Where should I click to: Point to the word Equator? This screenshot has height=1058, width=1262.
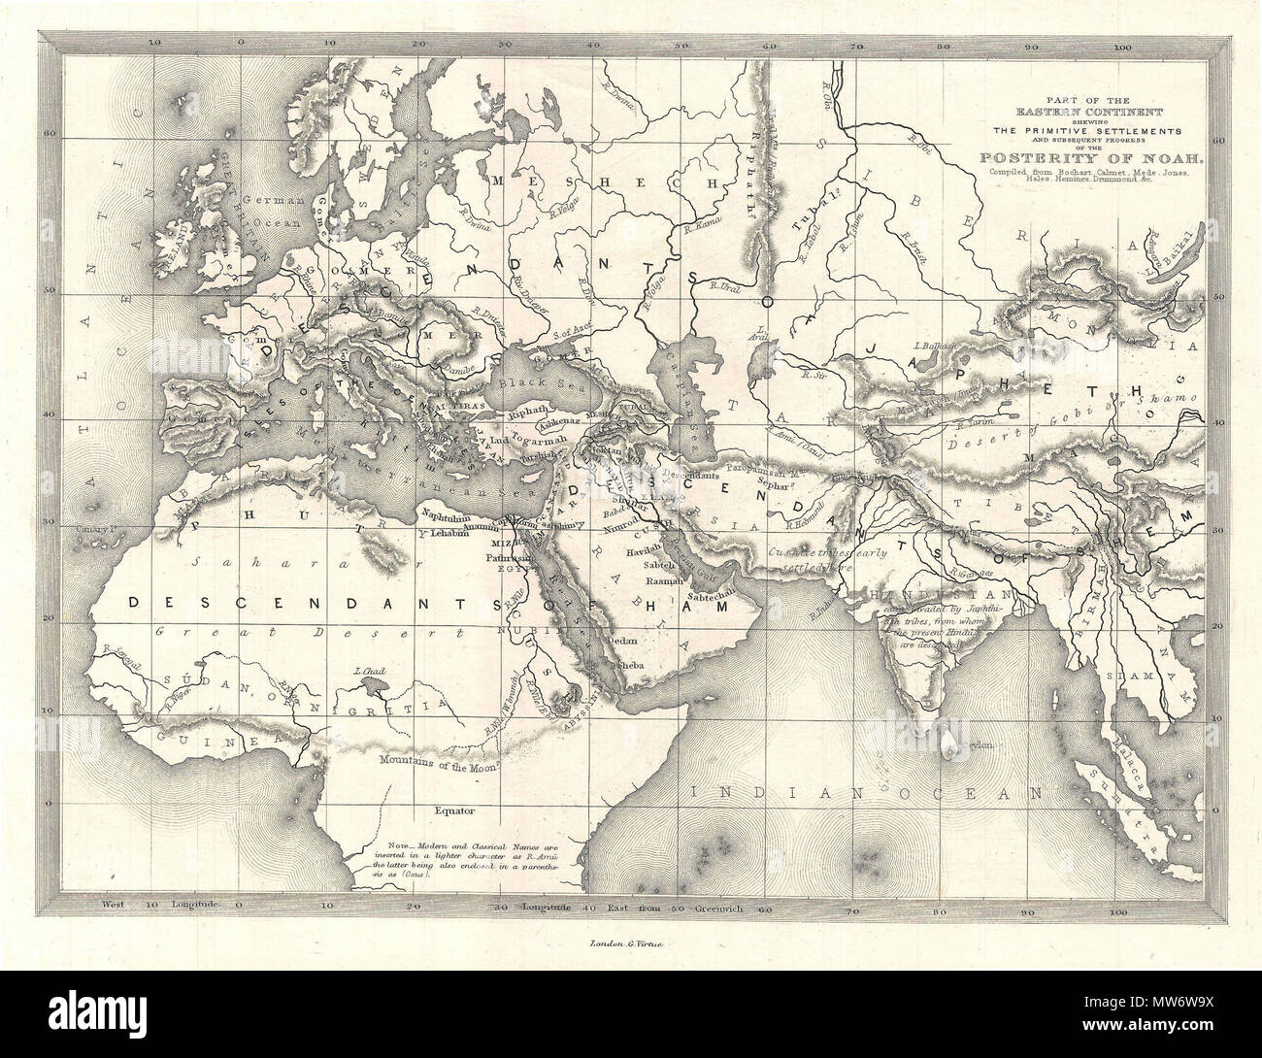452,807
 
